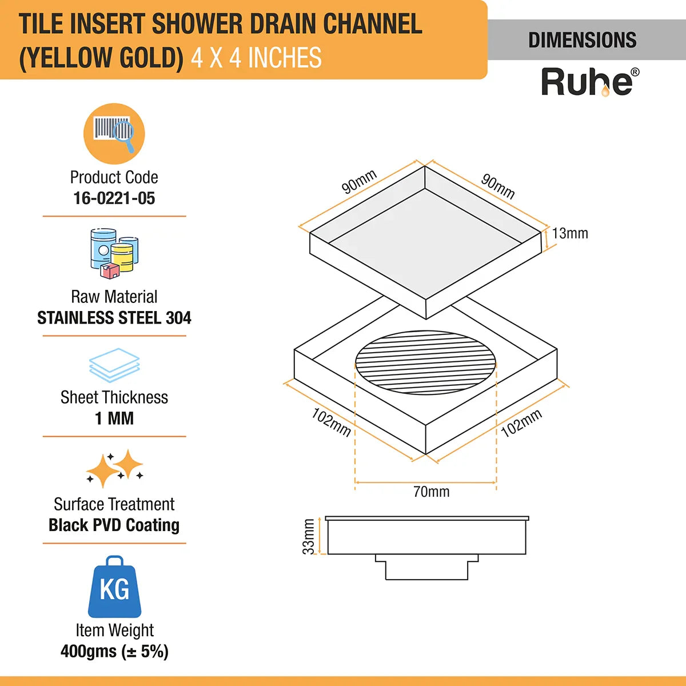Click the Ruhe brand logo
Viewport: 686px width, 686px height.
click(x=589, y=82)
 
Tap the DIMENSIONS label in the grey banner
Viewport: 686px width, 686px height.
click(x=582, y=40)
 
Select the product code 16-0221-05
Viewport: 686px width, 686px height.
click(x=114, y=198)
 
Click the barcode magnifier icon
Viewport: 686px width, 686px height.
click(x=114, y=134)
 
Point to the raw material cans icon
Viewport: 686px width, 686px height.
click(x=114, y=253)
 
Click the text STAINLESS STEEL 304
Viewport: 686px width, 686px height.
click(x=114, y=318)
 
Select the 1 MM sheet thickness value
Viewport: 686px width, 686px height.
click(x=114, y=418)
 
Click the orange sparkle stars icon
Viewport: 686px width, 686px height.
click(x=115, y=468)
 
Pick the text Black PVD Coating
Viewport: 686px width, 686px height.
click(x=114, y=525)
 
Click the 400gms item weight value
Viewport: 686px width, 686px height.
click(x=114, y=652)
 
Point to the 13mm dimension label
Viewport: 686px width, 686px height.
click(x=570, y=233)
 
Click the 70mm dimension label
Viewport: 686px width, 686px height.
click(x=431, y=492)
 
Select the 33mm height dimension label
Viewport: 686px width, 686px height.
click(x=309, y=536)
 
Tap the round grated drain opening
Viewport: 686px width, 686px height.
click(x=426, y=362)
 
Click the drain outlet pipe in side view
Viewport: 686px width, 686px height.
click(x=426, y=568)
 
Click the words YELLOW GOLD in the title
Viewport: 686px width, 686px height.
click(x=101, y=58)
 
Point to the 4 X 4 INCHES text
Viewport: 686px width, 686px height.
click(x=256, y=58)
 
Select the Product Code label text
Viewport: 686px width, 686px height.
click(x=114, y=177)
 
